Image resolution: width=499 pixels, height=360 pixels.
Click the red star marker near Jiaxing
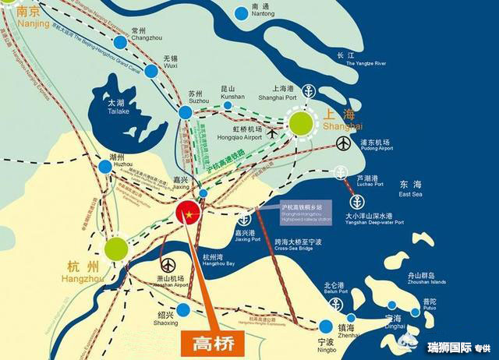(x=189, y=210)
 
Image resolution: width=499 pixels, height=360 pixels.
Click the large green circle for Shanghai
(x=302, y=123)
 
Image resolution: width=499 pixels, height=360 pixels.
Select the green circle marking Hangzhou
(x=115, y=249)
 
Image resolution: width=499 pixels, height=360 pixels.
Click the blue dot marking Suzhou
(x=185, y=112)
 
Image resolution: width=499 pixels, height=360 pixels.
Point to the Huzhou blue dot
(x=105, y=166)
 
